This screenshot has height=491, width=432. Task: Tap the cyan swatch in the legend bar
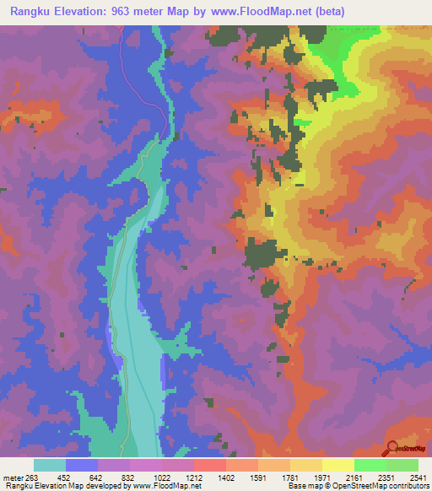50,465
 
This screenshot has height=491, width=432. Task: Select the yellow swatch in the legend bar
337,465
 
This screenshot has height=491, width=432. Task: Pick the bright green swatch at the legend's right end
402,465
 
